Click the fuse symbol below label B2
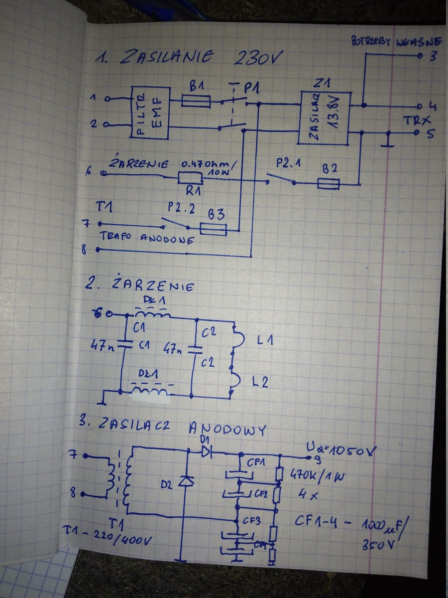[x=329, y=185]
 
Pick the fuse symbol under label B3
[x=213, y=229]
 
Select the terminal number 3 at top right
[x=433, y=56]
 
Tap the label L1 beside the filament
[x=265, y=340]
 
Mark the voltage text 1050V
[x=348, y=452]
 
